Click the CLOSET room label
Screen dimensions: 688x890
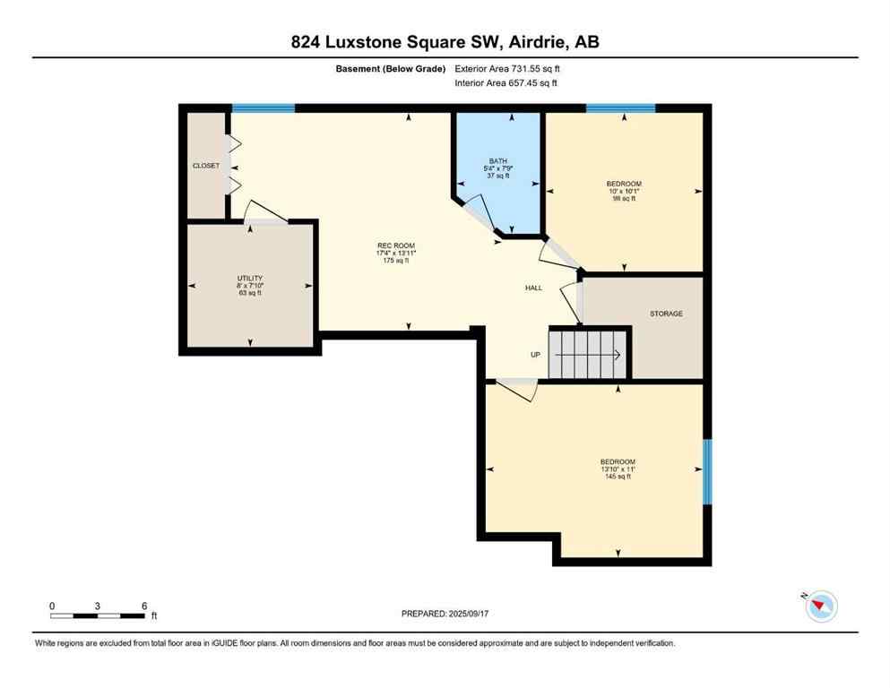(206, 166)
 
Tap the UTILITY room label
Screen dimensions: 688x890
(250, 279)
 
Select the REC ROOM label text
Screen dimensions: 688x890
(396, 245)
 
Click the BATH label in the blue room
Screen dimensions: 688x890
(497, 160)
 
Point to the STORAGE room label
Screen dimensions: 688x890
(666, 314)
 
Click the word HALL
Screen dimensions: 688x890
(534, 288)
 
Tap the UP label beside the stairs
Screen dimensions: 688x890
(535, 355)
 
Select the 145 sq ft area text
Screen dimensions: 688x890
(617, 477)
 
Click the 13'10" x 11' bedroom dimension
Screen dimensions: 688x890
(617, 469)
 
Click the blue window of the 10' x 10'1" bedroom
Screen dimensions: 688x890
(620, 108)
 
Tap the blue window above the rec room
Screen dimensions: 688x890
(264, 108)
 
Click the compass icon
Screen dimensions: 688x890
(821, 606)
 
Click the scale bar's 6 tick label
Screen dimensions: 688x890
(144, 606)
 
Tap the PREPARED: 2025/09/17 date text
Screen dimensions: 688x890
(445, 614)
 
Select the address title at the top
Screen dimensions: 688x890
(445, 41)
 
